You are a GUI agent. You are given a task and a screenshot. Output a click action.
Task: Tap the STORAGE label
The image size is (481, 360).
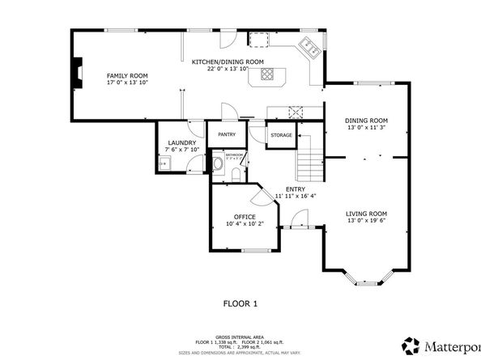pos(281,134)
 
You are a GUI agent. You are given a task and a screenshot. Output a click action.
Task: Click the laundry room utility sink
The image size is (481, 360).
pos(163,164)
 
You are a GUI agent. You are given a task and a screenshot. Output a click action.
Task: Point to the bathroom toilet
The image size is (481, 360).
pos(219,164)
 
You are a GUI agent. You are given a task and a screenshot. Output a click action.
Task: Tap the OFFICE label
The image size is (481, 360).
pos(245,217)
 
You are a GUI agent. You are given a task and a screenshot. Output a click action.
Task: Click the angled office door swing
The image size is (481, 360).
pos(262,195)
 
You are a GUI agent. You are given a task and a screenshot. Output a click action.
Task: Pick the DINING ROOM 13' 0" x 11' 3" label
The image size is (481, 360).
pos(366,125)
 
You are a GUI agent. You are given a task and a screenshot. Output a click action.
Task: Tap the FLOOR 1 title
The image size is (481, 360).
pos(240,304)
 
